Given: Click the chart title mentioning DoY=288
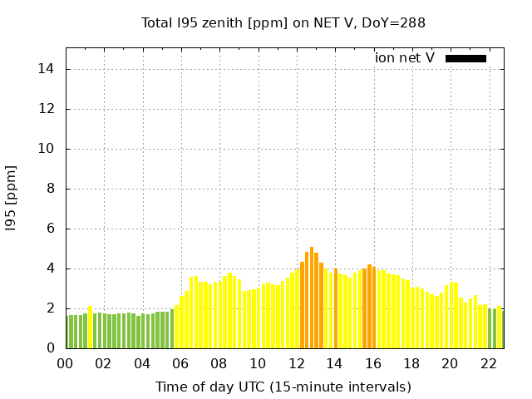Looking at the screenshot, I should tap(283, 23).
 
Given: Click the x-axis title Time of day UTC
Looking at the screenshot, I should tap(283, 387).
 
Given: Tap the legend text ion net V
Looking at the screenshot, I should tap(405, 58).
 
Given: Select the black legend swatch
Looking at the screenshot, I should tap(465, 58).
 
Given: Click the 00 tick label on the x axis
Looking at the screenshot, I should tap(66, 363).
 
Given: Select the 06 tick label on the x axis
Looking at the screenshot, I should tap(180, 363).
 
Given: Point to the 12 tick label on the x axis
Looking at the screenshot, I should tap(296, 363).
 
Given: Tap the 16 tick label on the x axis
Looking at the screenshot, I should tap(372, 363).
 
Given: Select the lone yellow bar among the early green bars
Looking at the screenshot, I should tap(91, 328).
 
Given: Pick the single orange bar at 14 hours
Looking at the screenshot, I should tap(336, 308).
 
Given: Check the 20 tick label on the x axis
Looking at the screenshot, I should tap(450, 363).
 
